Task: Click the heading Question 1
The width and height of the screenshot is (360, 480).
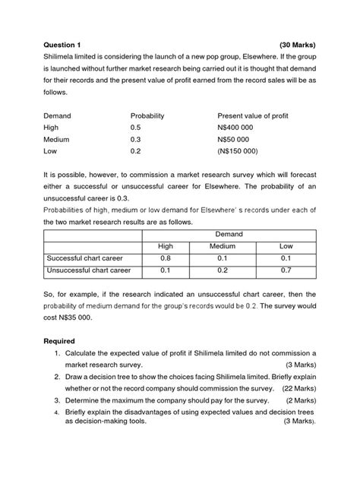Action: pos(68,45)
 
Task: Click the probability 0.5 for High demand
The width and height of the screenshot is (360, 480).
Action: pos(136,128)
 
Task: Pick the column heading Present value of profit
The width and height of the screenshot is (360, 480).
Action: pos(253,115)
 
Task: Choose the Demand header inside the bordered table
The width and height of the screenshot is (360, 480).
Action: pos(229,235)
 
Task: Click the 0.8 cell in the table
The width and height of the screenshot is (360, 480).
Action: pos(166,258)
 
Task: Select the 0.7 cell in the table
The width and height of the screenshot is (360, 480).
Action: pos(286,270)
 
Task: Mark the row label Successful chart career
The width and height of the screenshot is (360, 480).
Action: pos(82,258)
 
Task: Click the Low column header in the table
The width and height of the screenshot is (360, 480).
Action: pos(286,246)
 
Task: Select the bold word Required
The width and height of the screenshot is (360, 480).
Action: pos(63,341)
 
